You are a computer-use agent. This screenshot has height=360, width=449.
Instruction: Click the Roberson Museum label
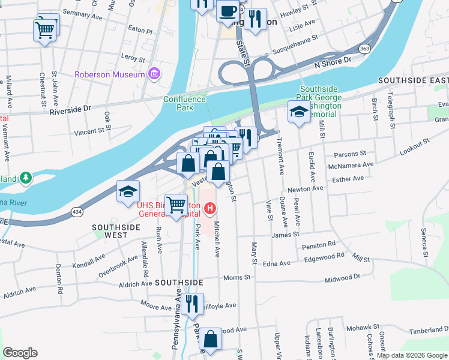109,74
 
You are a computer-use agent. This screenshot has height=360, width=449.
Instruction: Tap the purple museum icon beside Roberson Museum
155,74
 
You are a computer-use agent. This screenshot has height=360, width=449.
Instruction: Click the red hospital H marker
210,209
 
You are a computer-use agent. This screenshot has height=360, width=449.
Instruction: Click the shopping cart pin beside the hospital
176,205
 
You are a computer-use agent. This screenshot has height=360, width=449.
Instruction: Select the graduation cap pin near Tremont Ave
298,112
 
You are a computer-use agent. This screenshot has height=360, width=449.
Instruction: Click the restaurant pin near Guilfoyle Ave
192,304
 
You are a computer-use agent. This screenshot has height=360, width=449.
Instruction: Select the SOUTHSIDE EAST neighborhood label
413,80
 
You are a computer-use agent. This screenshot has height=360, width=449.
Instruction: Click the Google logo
20,353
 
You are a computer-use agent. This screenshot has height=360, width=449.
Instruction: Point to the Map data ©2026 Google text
411,355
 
